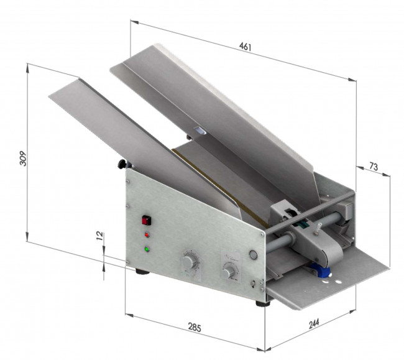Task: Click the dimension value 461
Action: coord(245,47)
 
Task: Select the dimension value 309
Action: coord(23,159)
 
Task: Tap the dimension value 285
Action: coord(195,327)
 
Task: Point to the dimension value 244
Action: coord(314,324)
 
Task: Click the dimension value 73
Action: coord(374,166)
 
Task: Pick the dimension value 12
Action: coord(99,236)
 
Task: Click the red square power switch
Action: coord(146,221)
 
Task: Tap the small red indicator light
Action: coord(147,235)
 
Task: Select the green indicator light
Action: coord(147,249)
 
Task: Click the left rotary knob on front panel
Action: coord(190,261)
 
